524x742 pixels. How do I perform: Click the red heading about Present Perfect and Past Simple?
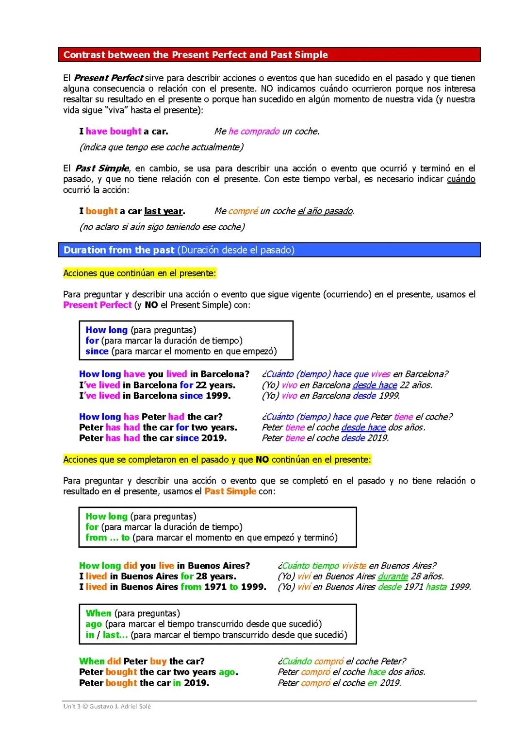coord(196,55)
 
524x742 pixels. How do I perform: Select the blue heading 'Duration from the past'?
coord(119,250)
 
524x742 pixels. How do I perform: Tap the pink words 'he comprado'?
coord(254,131)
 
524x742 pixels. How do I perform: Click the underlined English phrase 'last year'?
coord(164,211)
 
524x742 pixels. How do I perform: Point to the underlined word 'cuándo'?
coord(460,179)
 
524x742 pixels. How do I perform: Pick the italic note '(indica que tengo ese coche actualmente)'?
coord(161,147)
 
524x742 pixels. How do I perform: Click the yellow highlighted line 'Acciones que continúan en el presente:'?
coord(140,273)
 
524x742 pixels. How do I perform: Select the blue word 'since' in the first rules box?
coord(97,351)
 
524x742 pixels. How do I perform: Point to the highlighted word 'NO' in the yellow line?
coord(262,460)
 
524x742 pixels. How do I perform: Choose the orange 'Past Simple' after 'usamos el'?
coord(230,491)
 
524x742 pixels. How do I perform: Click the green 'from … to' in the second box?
coord(108,538)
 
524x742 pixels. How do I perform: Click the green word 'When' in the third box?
coord(98,613)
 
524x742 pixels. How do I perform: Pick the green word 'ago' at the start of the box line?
coord(94,624)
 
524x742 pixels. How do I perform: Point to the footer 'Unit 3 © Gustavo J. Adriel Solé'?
coord(107,707)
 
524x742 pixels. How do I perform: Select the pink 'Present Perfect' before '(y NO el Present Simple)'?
coord(98,305)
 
